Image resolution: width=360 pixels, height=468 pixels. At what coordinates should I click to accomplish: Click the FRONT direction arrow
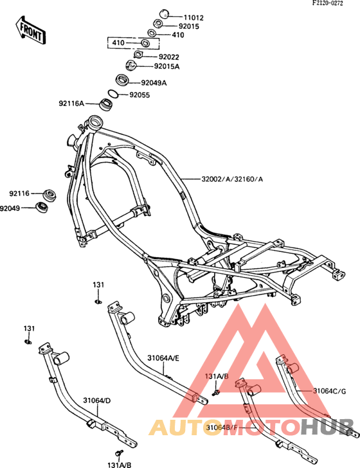[30, 30]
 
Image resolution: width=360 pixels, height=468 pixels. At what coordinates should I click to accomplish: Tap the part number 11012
[194, 17]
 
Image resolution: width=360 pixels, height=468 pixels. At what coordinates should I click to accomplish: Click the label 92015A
[166, 66]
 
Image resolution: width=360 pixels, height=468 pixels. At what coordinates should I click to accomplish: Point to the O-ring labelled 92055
[113, 93]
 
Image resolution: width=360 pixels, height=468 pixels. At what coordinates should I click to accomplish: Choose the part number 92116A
[71, 104]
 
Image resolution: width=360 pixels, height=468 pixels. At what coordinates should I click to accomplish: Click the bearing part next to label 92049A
[122, 80]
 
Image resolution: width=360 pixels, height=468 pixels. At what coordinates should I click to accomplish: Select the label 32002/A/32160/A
[233, 179]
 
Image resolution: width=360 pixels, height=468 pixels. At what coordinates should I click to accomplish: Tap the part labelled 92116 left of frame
[50, 195]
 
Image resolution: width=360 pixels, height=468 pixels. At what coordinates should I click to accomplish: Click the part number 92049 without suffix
[10, 208]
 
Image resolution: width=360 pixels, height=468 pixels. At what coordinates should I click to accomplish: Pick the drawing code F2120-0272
[328, 3]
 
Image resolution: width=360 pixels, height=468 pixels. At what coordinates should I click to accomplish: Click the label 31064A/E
[163, 358]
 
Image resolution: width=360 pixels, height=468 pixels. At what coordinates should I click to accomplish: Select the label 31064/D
[96, 401]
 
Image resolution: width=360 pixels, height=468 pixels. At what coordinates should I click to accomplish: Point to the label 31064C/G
[330, 391]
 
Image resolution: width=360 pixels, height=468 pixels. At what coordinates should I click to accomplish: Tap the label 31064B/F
[222, 428]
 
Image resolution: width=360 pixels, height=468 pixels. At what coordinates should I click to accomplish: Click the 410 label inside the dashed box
[118, 42]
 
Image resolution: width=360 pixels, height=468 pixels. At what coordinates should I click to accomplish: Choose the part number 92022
[169, 57]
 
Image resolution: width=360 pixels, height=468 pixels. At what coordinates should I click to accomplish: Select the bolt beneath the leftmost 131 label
[28, 342]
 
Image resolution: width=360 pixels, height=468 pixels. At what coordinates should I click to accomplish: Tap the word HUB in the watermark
[327, 427]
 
